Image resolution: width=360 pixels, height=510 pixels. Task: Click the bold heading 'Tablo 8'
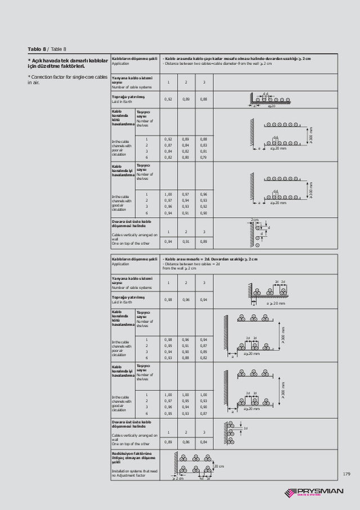tap(37, 49)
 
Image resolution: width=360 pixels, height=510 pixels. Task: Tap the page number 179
tap(346, 474)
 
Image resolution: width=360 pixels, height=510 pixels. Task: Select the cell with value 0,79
tap(204, 157)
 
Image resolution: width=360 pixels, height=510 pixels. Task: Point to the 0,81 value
tap(204, 151)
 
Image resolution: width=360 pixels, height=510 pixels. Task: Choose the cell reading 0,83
tap(204, 145)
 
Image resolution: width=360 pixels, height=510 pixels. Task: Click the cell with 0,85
tap(204, 351)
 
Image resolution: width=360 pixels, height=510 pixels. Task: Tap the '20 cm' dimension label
tap(219, 467)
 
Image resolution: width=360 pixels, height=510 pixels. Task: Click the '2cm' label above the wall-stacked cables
tap(254, 220)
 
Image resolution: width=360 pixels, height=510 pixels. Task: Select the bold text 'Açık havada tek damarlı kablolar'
tap(68, 60)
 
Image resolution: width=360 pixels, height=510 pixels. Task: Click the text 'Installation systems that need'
tap(134, 471)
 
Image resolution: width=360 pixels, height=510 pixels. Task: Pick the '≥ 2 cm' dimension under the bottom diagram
tap(177, 478)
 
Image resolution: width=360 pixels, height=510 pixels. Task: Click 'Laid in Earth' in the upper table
tap(122, 102)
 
